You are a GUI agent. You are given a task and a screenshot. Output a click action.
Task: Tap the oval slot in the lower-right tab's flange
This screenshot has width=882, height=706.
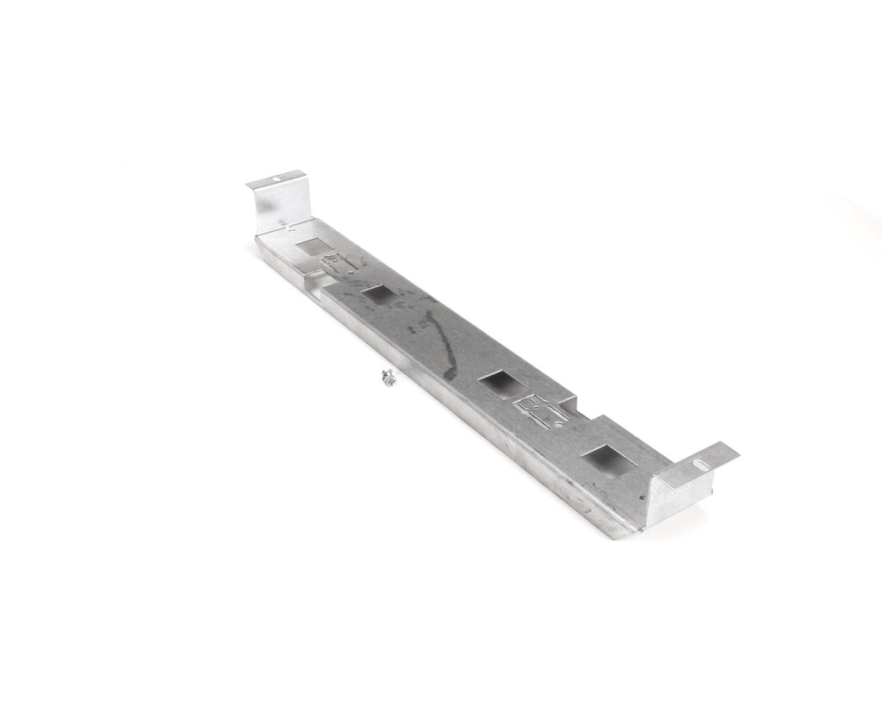(x=709, y=462)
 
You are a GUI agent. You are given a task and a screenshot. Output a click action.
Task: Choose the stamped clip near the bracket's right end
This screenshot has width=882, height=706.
(x=540, y=405)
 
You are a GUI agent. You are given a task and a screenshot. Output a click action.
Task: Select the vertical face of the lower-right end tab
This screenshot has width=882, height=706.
(x=680, y=491)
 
